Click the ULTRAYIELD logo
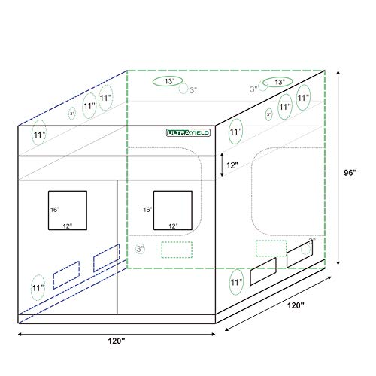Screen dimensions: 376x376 click(188, 132)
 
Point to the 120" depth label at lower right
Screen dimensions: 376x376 click(296, 305)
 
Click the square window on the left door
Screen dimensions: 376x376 click(68, 211)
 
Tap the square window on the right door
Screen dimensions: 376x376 click(172, 211)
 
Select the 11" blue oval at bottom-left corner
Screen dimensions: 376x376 click(38, 287)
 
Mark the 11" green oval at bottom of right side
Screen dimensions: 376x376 click(238, 280)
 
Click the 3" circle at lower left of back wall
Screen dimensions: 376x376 click(140, 248)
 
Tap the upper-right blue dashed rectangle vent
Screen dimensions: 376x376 click(106, 257)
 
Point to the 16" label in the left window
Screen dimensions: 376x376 click(54, 210)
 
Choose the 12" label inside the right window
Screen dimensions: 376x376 click(174, 226)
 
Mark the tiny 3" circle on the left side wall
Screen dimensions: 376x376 click(71, 114)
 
